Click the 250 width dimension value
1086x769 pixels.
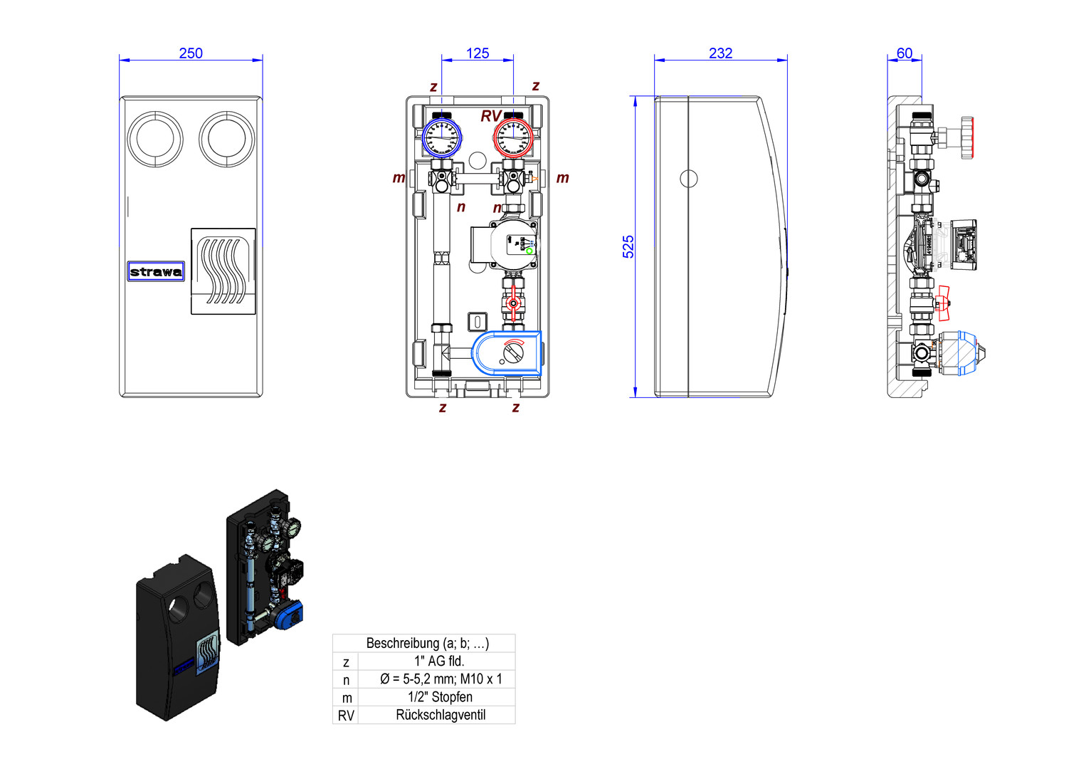pyautogui.click(x=191, y=53)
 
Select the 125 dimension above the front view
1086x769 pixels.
pyautogui.click(x=478, y=53)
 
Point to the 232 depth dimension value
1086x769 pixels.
pyautogui.click(x=720, y=53)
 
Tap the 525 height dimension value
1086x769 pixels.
pyautogui.click(x=628, y=246)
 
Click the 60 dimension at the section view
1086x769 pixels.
pyautogui.click(x=905, y=53)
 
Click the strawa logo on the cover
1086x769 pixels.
pyautogui.click(x=156, y=271)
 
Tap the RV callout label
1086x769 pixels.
pyautogui.click(x=491, y=116)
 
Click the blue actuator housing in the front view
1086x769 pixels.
pyautogui.click(x=507, y=352)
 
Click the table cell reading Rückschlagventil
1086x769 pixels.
pyautogui.click(x=441, y=715)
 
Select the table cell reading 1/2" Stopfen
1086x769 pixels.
pyautogui.click(x=441, y=697)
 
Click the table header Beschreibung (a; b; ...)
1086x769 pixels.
pyautogui.click(x=427, y=643)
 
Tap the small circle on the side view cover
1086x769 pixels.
pyautogui.click(x=688, y=179)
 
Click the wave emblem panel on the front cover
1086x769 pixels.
pyautogui.click(x=223, y=271)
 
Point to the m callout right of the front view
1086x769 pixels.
pyautogui.click(x=563, y=178)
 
